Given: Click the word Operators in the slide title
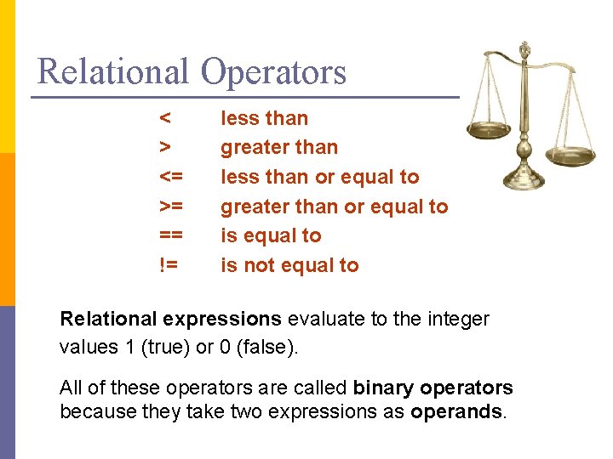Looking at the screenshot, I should pyautogui.click(x=274, y=71).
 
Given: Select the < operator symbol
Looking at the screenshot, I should pyautogui.click(x=164, y=118).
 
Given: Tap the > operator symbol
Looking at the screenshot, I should pyautogui.click(x=164, y=148).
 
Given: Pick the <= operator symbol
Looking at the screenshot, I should pyautogui.click(x=170, y=177).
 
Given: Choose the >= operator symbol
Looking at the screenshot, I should pyautogui.click(x=170, y=207).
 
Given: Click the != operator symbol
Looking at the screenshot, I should pyautogui.click(x=168, y=265).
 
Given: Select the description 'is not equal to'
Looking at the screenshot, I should pyautogui.click(x=289, y=265).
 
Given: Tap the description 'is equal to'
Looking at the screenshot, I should pyautogui.click(x=271, y=235).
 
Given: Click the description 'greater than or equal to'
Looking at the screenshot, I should pyautogui.click(x=334, y=207).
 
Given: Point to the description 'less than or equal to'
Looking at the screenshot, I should pyautogui.click(x=320, y=177).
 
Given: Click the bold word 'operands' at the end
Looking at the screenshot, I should pyautogui.click(x=456, y=413).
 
